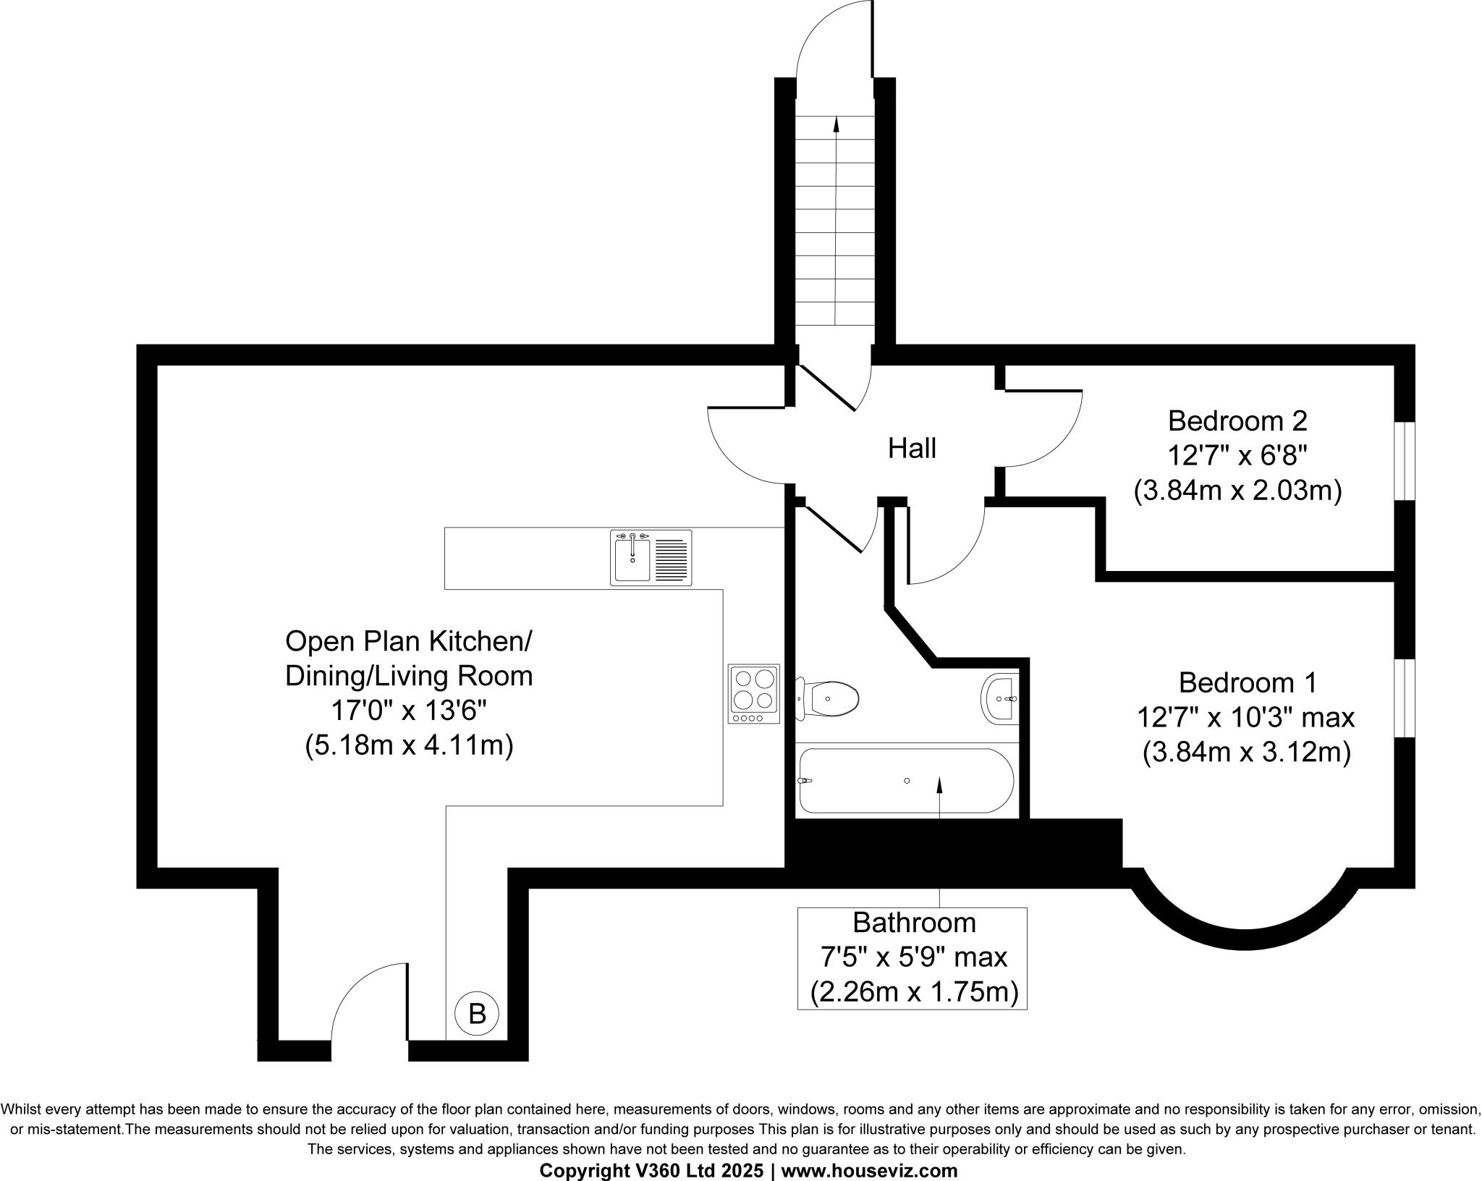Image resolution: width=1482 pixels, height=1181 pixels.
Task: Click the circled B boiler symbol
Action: click(477, 1014)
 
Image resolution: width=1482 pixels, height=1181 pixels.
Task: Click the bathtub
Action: click(905, 781)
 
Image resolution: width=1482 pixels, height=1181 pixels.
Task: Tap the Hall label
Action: click(912, 449)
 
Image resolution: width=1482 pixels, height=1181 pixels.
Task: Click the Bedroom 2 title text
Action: click(1237, 420)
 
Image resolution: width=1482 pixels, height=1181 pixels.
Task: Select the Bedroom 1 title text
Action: click(1248, 682)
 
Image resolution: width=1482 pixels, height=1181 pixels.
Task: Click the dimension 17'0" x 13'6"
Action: click(409, 711)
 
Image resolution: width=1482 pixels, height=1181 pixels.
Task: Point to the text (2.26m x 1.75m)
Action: click(913, 991)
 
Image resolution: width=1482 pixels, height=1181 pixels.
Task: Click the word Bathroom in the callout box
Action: click(914, 923)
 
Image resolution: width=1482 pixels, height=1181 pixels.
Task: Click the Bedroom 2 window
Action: click(1404, 461)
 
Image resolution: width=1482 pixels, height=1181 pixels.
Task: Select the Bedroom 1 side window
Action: click(1404, 698)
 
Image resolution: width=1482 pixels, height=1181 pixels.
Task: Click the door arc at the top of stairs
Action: click(825, 36)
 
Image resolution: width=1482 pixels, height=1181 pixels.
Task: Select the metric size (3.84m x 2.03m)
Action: click(1237, 491)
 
